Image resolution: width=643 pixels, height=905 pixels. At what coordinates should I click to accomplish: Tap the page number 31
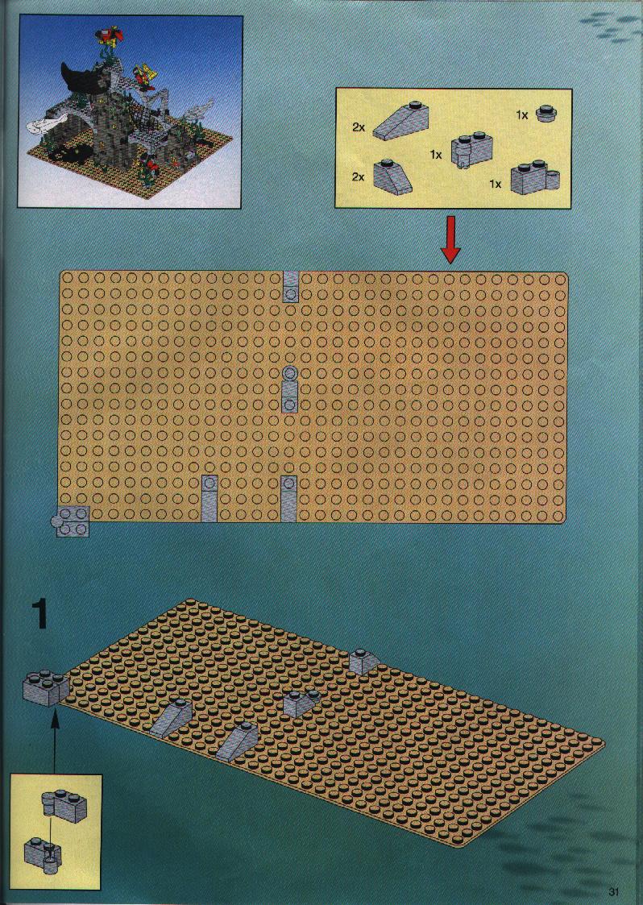613,891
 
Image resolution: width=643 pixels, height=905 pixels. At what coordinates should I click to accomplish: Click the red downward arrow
450,239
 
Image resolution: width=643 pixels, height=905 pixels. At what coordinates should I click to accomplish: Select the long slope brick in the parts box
401,121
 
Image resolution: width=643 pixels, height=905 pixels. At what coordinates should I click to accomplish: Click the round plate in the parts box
545,113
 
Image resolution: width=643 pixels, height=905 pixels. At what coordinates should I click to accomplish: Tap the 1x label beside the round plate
522,115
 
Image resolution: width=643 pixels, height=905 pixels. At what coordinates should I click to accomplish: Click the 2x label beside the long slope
359,127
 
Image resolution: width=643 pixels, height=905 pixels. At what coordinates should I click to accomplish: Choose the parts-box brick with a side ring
535,178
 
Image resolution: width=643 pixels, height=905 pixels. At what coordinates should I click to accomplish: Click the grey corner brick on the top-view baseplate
73,521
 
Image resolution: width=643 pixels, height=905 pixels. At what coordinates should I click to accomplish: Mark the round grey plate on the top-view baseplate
290,373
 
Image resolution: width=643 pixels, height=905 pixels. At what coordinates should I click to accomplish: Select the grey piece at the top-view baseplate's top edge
290,288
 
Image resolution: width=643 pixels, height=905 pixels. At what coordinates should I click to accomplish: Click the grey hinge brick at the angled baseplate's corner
46,687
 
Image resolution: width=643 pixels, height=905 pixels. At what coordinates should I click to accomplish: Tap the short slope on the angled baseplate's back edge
363,662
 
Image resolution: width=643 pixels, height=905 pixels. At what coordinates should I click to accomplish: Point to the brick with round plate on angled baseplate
301,703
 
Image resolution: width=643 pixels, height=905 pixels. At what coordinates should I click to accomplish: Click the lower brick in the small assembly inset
43,853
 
